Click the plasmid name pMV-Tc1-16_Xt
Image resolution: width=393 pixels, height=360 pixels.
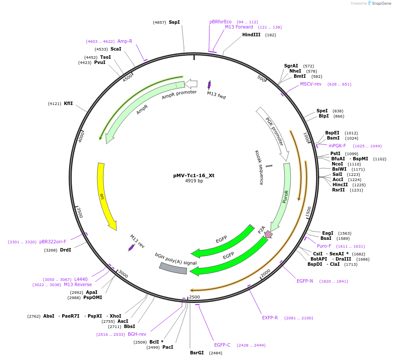click(x=193, y=175)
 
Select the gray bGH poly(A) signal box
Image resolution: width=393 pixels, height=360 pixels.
click(x=173, y=268)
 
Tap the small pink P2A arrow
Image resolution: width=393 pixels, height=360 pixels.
click(x=268, y=234)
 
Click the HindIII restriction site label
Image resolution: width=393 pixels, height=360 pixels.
click(x=251, y=35)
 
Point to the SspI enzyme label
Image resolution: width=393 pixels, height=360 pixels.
click(x=174, y=22)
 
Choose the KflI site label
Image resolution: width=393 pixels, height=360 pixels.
click(x=68, y=104)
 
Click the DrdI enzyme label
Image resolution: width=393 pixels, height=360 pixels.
click(x=66, y=250)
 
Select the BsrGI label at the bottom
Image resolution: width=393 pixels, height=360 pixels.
click(x=197, y=353)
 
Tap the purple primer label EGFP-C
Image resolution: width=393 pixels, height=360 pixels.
click(x=222, y=345)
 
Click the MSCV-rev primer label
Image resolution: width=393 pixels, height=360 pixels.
click(x=311, y=84)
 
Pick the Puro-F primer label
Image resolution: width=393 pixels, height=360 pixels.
click(x=324, y=246)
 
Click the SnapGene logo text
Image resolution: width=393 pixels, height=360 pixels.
click(x=381, y=3)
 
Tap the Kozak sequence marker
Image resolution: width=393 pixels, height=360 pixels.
click(x=269, y=166)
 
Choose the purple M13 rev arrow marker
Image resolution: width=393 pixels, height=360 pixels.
click(x=131, y=248)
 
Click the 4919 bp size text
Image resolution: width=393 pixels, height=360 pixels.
click(x=194, y=181)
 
